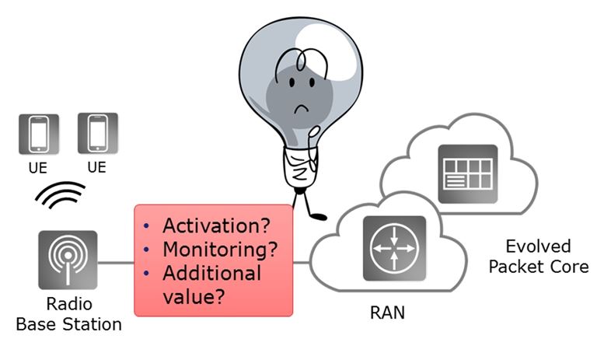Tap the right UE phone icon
pyautogui.click(x=97, y=133)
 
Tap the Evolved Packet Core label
pyautogui.click(x=537, y=257)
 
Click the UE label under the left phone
pyautogui.click(x=37, y=167)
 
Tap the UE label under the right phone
pyautogui.click(x=97, y=167)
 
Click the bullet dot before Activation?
pyautogui.click(x=147, y=227)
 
